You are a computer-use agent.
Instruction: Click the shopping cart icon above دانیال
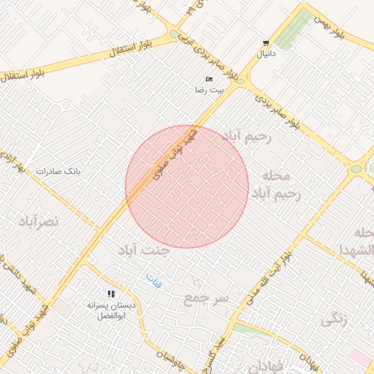[x=264, y=43]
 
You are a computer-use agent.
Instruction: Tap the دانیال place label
[x=264, y=54]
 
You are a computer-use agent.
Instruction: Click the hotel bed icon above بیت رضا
[x=210, y=79]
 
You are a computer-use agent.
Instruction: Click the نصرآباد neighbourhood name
[x=38, y=220]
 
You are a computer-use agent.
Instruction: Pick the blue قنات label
[x=153, y=278]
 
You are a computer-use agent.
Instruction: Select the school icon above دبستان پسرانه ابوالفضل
[x=112, y=294]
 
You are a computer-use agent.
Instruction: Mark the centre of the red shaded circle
[x=187, y=186]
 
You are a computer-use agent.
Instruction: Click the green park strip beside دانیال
[x=292, y=31]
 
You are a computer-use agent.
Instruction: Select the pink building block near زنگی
[x=361, y=358]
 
